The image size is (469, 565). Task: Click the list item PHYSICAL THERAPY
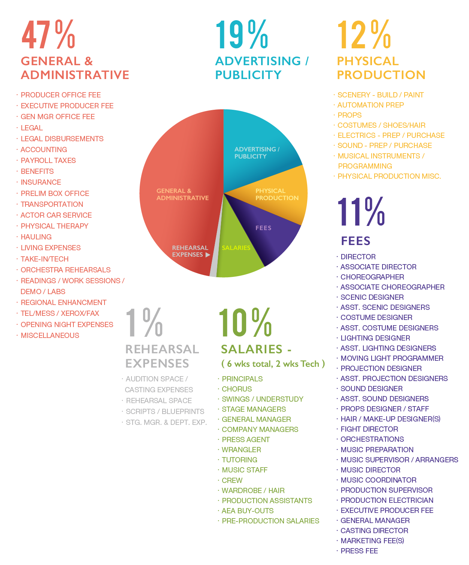coord(54,226)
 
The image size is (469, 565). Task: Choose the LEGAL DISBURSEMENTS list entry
coord(62,139)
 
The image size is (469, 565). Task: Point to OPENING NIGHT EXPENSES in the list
coord(67,324)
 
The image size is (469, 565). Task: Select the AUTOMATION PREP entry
coord(370,105)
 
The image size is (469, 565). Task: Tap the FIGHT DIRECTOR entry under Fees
coord(369,429)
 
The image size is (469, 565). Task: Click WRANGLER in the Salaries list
coord(241,450)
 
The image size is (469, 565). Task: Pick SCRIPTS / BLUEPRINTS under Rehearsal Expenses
coord(165,411)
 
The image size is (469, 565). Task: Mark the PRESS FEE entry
coord(359,551)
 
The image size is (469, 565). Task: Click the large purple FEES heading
coord(355,241)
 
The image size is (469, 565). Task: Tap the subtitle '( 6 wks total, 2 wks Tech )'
coord(273,364)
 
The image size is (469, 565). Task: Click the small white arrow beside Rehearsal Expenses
coord(208,255)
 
